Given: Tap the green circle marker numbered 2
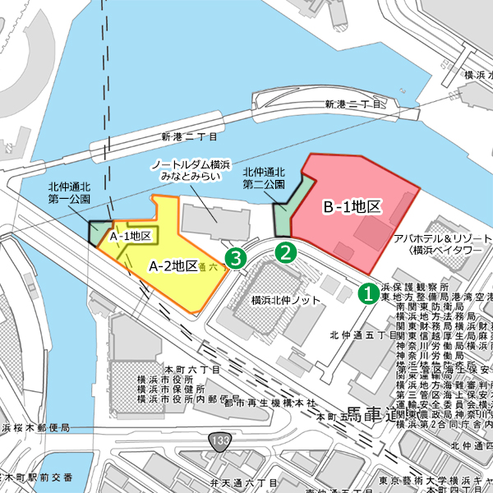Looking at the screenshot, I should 285,252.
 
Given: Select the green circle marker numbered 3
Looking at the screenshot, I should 237,259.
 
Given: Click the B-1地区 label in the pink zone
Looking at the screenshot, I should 351,207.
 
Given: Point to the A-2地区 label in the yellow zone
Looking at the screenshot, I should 173,265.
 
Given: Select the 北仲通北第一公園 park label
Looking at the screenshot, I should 69,192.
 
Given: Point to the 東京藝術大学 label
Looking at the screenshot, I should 426,481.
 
